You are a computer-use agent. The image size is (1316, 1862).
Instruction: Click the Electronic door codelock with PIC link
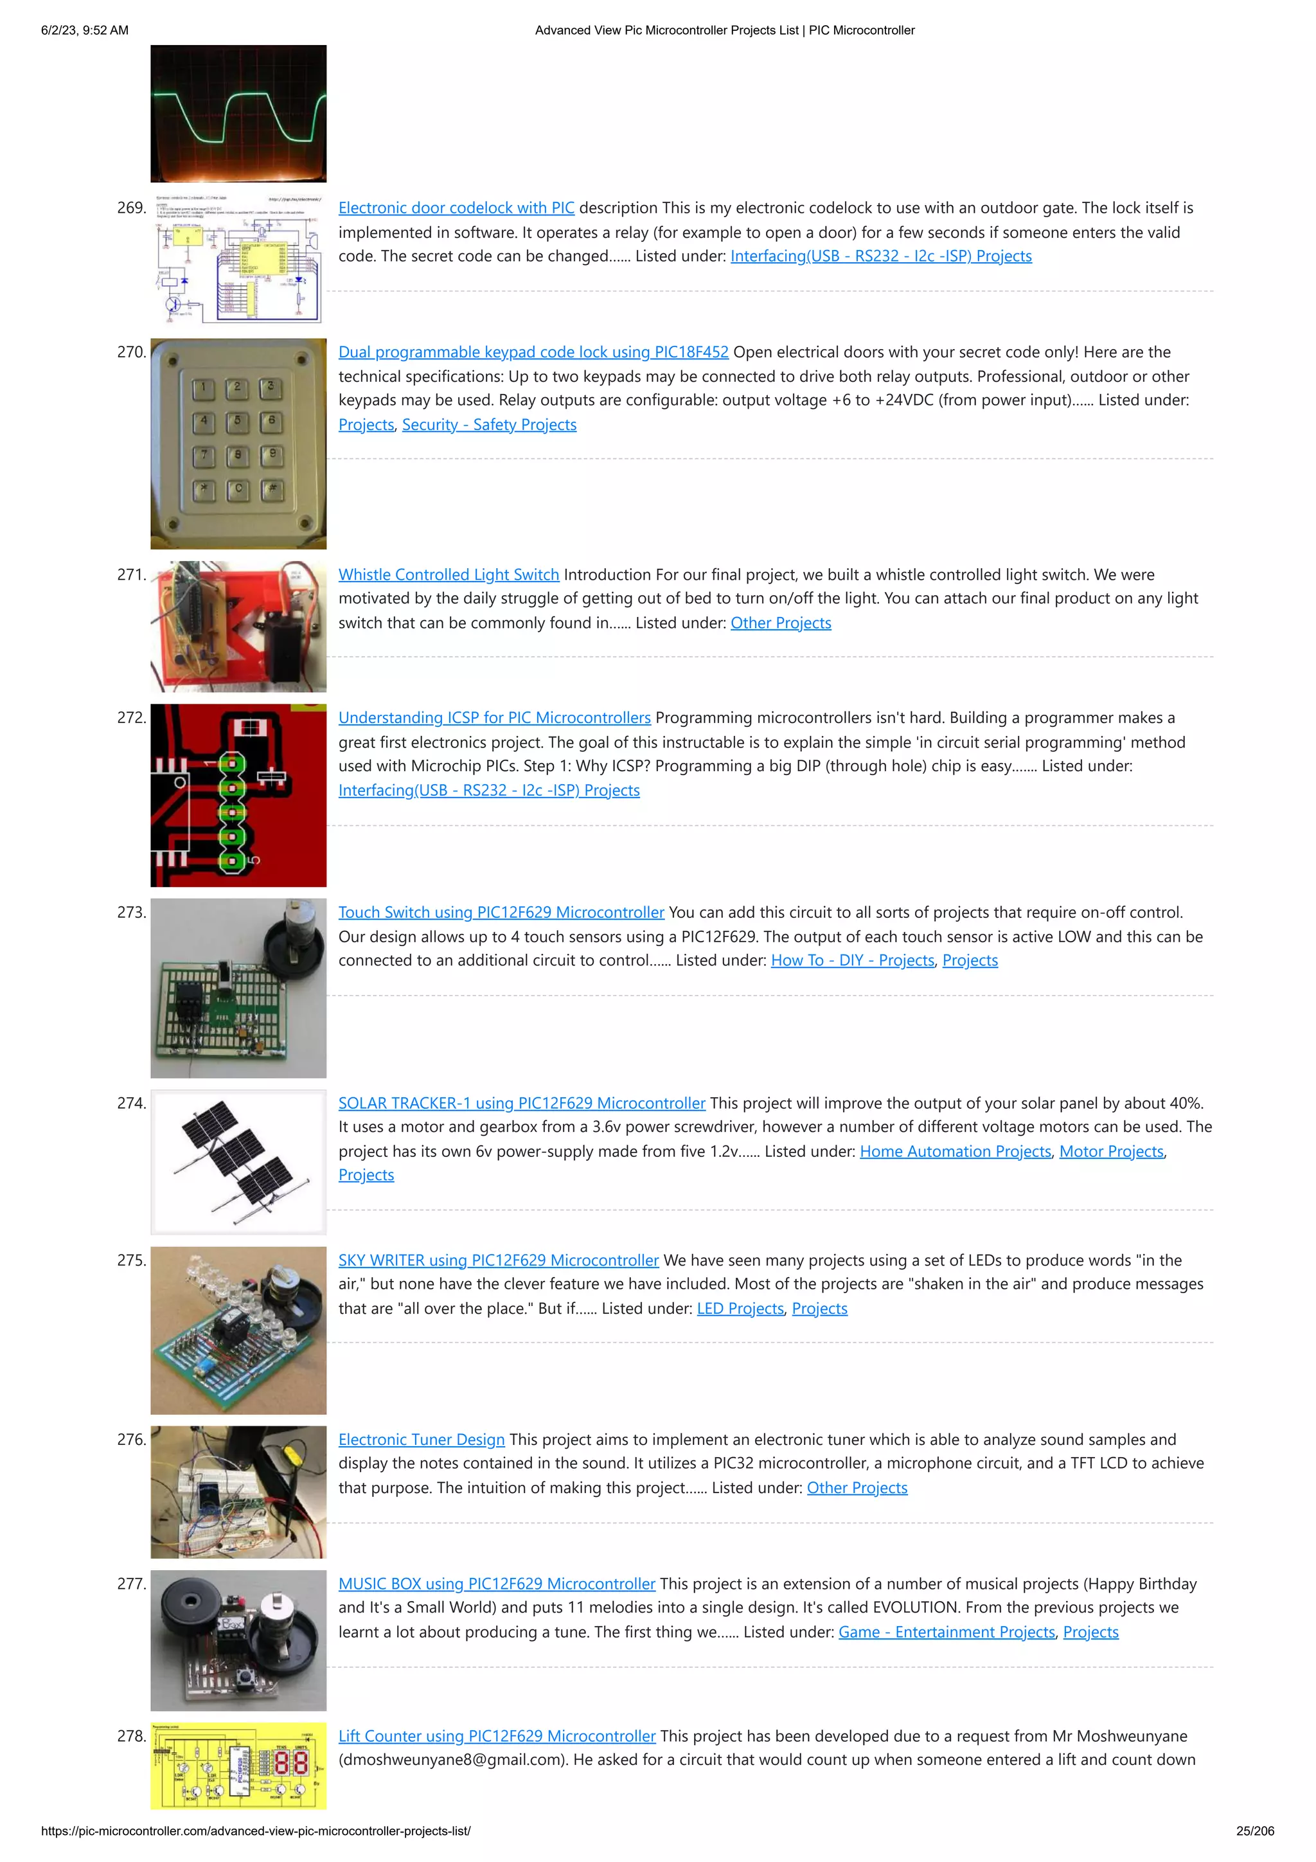pos(456,208)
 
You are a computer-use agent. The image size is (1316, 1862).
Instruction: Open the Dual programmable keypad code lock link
pos(533,352)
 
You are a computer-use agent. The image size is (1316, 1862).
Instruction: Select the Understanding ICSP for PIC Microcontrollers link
pos(493,718)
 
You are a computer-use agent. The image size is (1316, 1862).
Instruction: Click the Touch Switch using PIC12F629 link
pos(501,912)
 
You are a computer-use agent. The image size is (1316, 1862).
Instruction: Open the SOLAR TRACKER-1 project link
pos(521,1103)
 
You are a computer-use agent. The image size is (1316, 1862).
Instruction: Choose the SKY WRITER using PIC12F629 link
pos(498,1260)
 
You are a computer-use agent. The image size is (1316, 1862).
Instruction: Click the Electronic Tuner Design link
pos(421,1440)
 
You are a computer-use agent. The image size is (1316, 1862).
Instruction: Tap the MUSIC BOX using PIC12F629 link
pos(496,1584)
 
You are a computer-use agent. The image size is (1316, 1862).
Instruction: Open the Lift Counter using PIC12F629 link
pos(496,1735)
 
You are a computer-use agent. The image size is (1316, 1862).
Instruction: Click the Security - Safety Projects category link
pos(489,425)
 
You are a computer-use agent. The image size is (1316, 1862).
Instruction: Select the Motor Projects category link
pos(1111,1152)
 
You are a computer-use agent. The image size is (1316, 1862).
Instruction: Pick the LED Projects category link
pos(740,1308)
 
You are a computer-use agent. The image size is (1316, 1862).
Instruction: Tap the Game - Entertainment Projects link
pos(947,1632)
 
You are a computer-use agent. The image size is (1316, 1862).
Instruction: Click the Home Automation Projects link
pos(955,1152)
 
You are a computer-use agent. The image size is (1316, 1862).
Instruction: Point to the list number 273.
pos(131,912)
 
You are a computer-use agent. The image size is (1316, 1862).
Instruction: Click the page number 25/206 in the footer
pos(1254,1831)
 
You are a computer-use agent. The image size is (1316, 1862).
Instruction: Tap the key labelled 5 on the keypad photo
pos(238,421)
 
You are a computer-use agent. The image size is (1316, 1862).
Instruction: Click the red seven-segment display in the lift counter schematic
pos(291,1763)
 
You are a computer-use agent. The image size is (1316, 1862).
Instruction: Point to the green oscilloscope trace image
pos(238,114)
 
